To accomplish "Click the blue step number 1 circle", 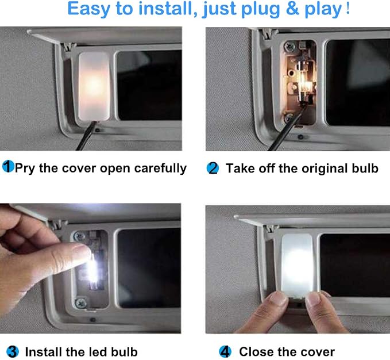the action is coord(8,166).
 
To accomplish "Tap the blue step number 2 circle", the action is coord(213,168).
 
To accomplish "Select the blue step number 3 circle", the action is coord(13,351).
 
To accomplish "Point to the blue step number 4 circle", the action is coord(225,351).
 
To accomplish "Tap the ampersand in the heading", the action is coord(292,9).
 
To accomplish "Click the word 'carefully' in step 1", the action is coord(161,168).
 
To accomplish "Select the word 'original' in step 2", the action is coord(325,168).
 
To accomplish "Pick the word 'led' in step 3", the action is coord(97,352).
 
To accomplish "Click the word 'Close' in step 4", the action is coord(256,352).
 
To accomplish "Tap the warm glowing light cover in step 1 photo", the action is coord(94,86).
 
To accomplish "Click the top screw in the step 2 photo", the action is coord(289,47).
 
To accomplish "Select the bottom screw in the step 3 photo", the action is coord(81,302).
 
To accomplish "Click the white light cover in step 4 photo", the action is coord(297,265).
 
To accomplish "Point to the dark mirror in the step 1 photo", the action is coord(149,85).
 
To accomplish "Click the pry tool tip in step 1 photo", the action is coord(95,122).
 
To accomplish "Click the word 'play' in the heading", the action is coord(323,9).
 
